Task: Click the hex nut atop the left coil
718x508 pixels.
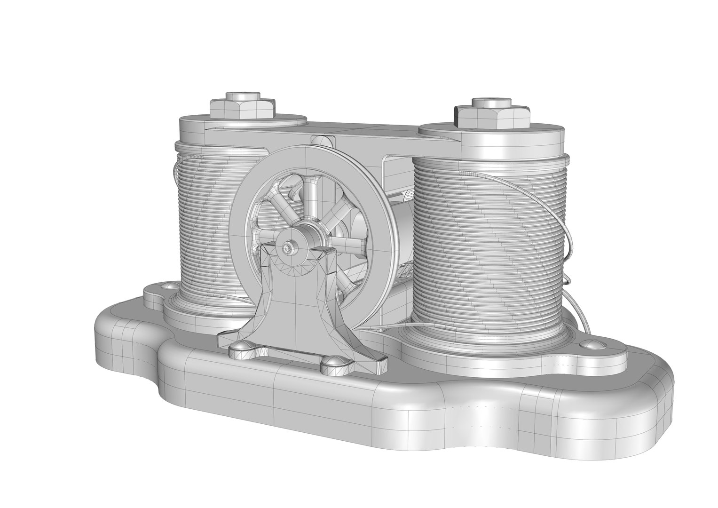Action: pyautogui.click(x=242, y=109)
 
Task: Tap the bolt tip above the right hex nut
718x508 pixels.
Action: pyautogui.click(x=491, y=102)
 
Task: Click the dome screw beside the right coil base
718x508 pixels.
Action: pyautogui.click(x=591, y=345)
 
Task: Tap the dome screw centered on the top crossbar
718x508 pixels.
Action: pyautogui.click(x=322, y=140)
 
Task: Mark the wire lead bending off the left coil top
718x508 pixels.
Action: pyautogui.click(x=176, y=169)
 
